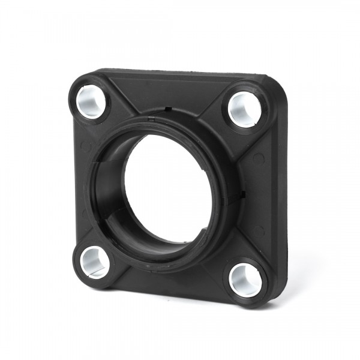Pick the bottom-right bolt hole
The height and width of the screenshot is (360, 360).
tap(245, 277)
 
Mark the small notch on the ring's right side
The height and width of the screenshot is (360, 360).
tap(244, 194)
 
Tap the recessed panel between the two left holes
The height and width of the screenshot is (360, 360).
tap(84, 180)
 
